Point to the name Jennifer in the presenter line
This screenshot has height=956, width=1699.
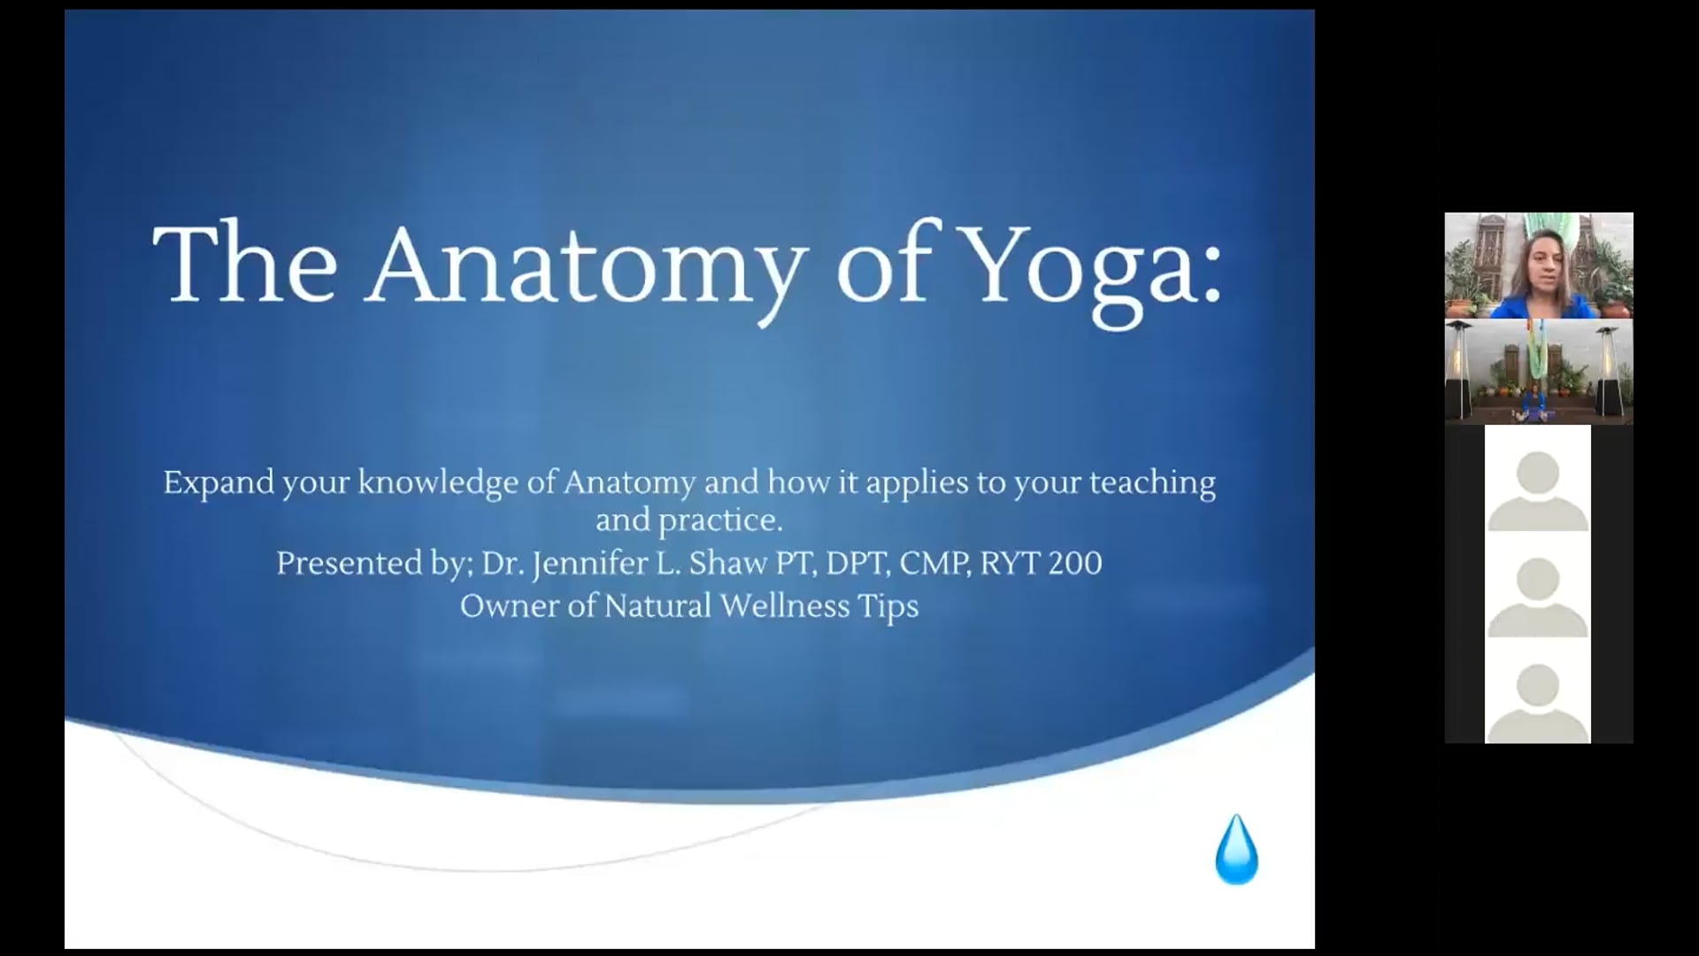[586, 564]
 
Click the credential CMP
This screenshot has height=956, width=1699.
[934, 564]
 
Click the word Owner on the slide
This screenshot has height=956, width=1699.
[507, 606]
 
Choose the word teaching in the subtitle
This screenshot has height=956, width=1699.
[1152, 483]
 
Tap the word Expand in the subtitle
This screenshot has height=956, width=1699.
[218, 483]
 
